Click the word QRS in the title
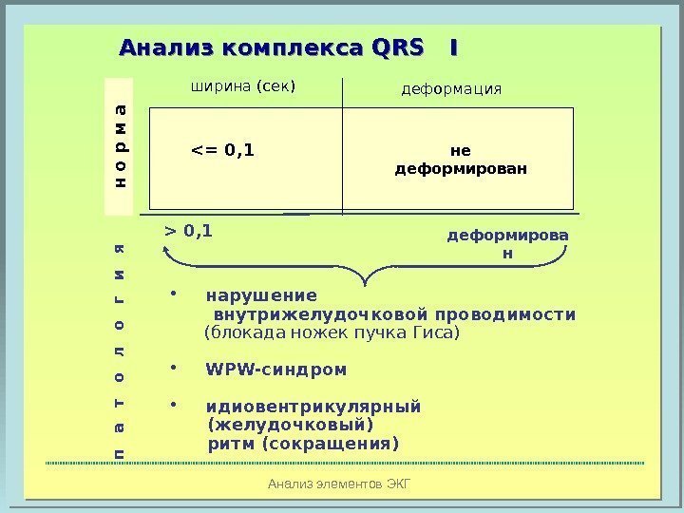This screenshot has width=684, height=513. point(399,47)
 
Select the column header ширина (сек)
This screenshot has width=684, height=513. point(244,87)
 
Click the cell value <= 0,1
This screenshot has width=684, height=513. point(223,149)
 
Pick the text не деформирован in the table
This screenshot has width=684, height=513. point(460,159)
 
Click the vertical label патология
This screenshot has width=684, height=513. point(119,351)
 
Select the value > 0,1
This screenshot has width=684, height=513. point(189,231)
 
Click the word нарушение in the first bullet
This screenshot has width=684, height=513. point(261,294)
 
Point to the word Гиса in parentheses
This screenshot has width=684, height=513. point(440,333)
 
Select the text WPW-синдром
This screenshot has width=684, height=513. point(276,369)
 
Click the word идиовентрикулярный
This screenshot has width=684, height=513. point(313,407)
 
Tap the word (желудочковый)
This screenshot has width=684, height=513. point(290,425)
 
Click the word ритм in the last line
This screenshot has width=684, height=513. point(231,444)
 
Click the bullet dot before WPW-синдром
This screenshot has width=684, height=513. point(174,367)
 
